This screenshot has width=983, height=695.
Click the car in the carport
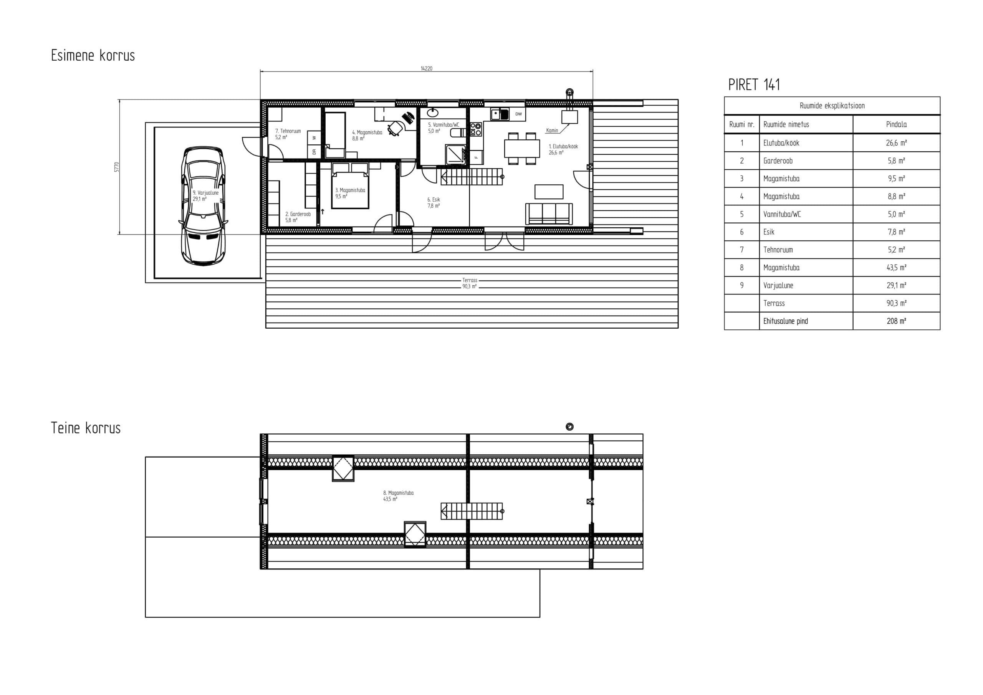(x=203, y=206)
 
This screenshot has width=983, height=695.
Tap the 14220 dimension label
(x=427, y=68)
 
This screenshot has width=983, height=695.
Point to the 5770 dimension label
(x=116, y=167)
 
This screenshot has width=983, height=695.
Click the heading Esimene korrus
(x=93, y=56)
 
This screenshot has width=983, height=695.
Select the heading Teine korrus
(x=86, y=428)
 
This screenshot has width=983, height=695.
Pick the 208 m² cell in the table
(x=897, y=321)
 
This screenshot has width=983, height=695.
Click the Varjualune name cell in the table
(x=778, y=286)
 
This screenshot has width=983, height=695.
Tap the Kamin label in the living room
(x=552, y=130)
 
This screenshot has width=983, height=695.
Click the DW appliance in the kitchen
(x=518, y=114)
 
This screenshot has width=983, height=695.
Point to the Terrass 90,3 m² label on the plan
(x=469, y=283)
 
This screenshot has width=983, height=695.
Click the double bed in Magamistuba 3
(x=350, y=186)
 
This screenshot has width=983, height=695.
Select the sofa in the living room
(x=549, y=213)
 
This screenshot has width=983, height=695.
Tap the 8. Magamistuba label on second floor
(x=398, y=496)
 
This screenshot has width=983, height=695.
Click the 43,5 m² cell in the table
(x=897, y=268)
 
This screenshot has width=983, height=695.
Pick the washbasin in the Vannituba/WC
(x=432, y=113)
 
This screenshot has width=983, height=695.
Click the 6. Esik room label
(x=433, y=202)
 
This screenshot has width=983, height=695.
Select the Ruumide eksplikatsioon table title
(x=832, y=106)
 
